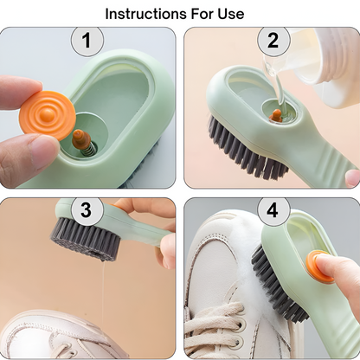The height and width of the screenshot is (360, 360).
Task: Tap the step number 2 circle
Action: point(273,40)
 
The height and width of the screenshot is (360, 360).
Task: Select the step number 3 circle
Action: point(86,210)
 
